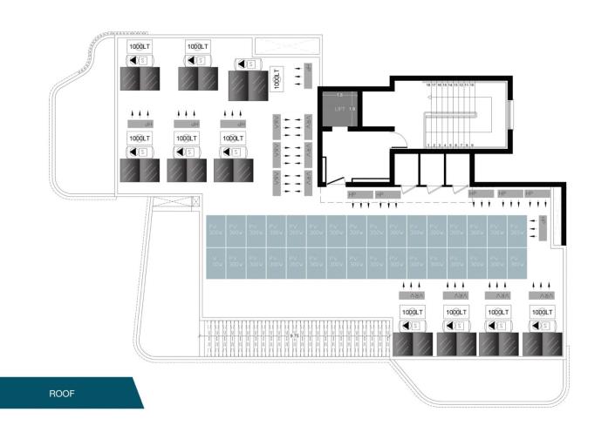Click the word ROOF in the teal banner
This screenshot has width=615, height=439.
[x=61, y=394]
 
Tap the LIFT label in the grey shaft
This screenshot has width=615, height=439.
[x=340, y=109]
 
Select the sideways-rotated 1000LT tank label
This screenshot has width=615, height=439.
[x=277, y=79]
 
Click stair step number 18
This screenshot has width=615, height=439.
[x=428, y=84]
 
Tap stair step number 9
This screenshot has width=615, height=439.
[x=472, y=145]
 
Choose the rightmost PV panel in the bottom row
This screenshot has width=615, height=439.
[x=517, y=260]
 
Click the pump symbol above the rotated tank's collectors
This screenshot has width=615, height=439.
[x=249, y=64]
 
